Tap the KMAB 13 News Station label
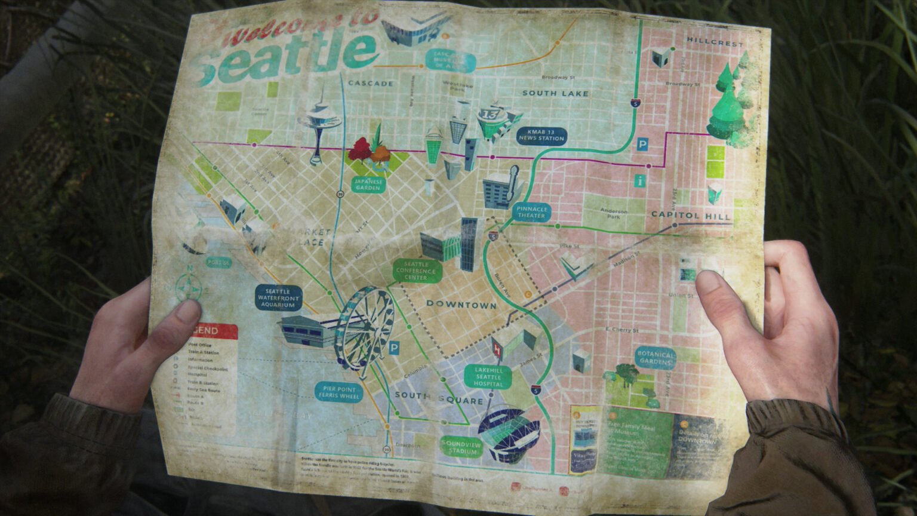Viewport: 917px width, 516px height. (x=541, y=135)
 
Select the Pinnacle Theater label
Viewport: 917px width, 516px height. (x=531, y=212)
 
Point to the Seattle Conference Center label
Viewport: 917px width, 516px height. (x=417, y=271)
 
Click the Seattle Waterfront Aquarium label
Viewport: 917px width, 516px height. (x=278, y=297)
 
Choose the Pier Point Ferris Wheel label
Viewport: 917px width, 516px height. (x=339, y=392)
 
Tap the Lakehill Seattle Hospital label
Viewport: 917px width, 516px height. (x=488, y=377)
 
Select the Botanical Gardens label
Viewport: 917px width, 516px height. (x=656, y=358)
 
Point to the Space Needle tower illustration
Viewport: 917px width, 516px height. (x=318, y=125)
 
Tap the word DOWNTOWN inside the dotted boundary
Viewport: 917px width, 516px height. (x=461, y=305)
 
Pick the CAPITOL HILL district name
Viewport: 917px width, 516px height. (x=691, y=215)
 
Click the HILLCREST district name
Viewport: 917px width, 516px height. (x=715, y=42)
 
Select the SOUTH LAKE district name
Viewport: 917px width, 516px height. (x=555, y=93)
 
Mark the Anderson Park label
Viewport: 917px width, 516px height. (x=614, y=214)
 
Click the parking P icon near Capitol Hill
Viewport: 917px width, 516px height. (x=642, y=144)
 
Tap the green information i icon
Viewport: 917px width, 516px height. (x=641, y=180)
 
